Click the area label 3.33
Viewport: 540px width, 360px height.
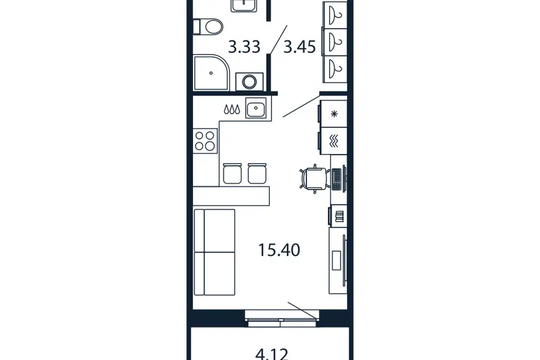coord(244,47)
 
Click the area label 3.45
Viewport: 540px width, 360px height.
coord(299,47)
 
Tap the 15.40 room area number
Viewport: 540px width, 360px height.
coord(279,250)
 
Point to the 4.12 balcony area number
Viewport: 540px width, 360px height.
coord(272,354)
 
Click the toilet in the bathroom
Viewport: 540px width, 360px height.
coord(208,27)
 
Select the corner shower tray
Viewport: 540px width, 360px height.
coord(211,73)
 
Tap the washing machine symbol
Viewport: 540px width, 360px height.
coord(249,82)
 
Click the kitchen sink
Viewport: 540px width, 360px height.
coord(255,108)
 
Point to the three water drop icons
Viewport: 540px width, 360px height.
coord(232,110)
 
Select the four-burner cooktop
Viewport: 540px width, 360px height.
coord(205,141)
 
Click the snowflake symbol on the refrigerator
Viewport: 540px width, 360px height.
coord(334,114)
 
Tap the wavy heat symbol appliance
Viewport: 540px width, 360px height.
coord(334,141)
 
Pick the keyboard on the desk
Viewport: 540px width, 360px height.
coord(336,179)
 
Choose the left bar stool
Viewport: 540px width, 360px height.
coord(232,174)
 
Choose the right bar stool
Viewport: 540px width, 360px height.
coord(257,174)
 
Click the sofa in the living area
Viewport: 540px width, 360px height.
coord(214,252)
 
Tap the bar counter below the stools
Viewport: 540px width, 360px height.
coord(231,196)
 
